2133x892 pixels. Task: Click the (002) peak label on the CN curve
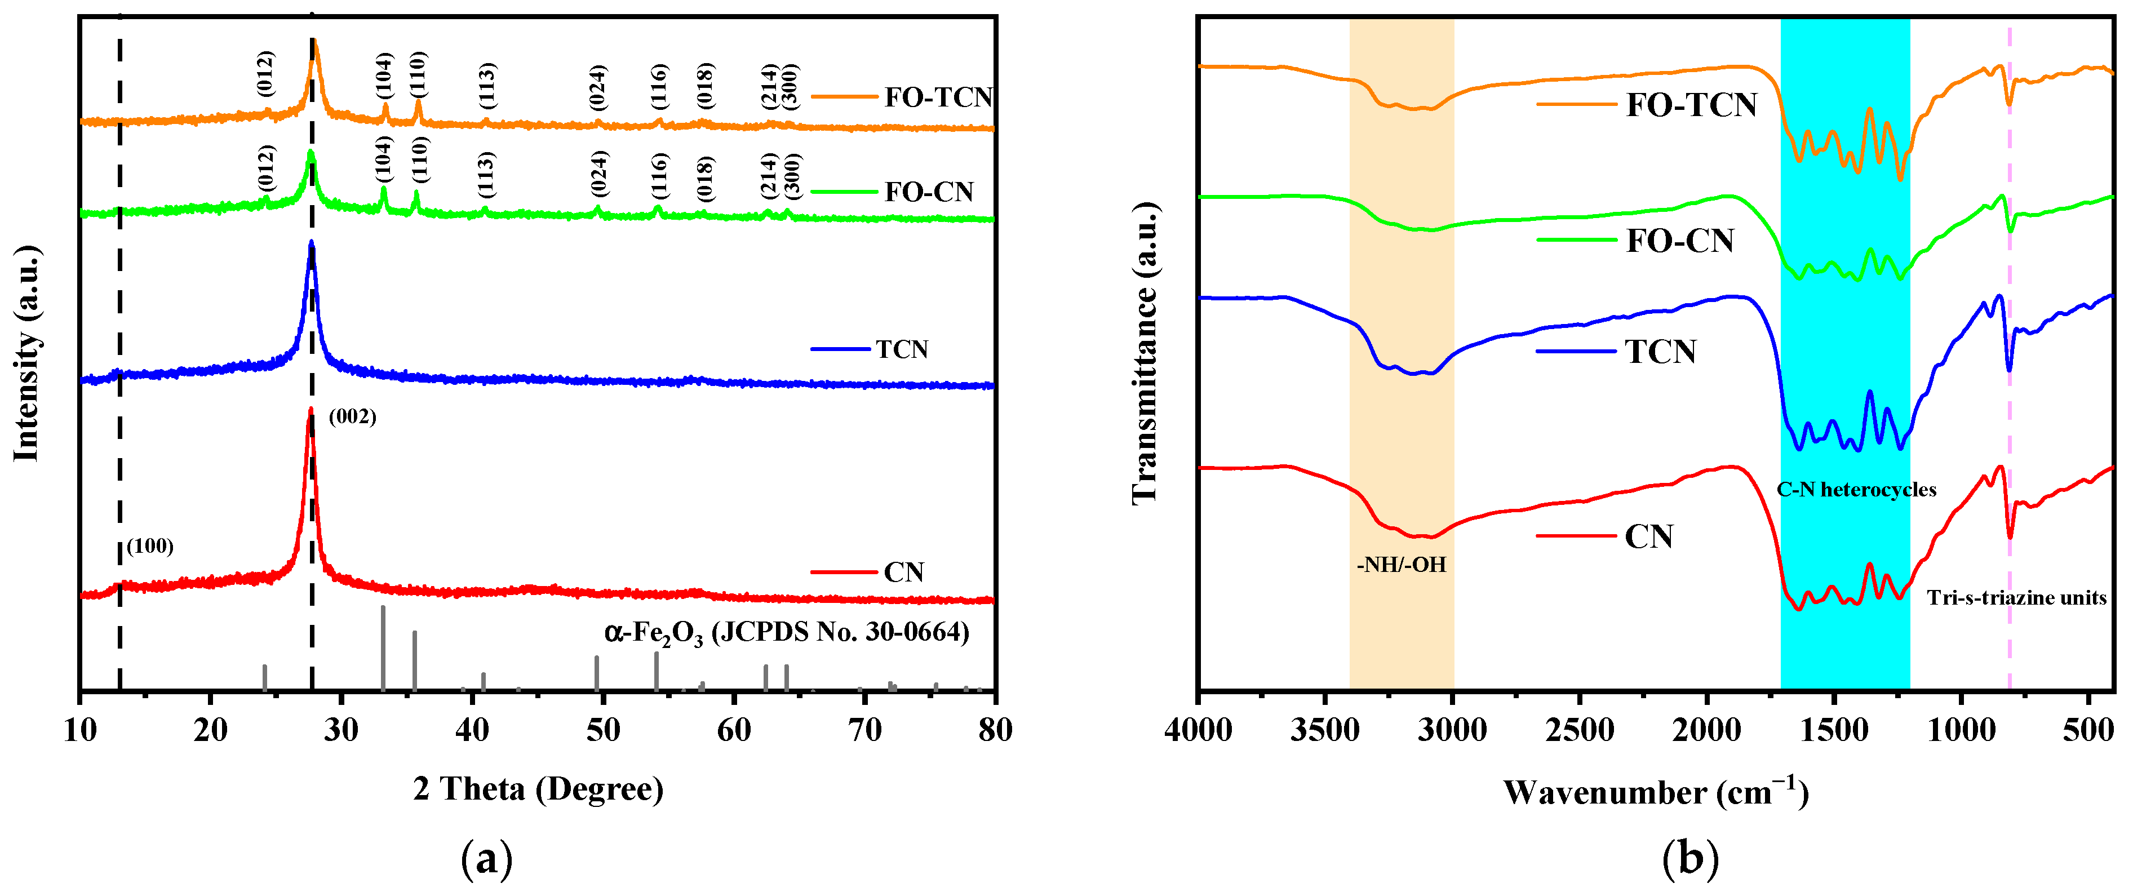pyautogui.click(x=353, y=416)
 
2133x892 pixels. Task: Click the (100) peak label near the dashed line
pyautogui.click(x=150, y=546)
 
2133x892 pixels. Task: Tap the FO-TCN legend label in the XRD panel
pyautogui.click(x=937, y=97)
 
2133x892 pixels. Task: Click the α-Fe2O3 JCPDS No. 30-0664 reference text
pyautogui.click(x=787, y=633)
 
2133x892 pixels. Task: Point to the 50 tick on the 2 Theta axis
pyautogui.click(x=603, y=730)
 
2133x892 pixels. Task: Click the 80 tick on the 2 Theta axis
pyautogui.click(x=995, y=730)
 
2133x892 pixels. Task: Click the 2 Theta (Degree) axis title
pyautogui.click(x=538, y=789)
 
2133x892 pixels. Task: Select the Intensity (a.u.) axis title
pyautogui.click(x=26, y=354)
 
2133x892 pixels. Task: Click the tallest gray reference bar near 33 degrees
pyautogui.click(x=383, y=646)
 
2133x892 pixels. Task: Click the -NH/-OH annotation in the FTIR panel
pyautogui.click(x=1401, y=565)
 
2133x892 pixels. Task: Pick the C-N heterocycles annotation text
pyautogui.click(x=1856, y=490)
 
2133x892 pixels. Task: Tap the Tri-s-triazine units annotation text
pyautogui.click(x=2016, y=597)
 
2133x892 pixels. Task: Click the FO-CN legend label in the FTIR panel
pyautogui.click(x=1679, y=241)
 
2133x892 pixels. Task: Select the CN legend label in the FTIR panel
pyautogui.click(x=1648, y=536)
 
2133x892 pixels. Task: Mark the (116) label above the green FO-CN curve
pyautogui.click(x=659, y=176)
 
